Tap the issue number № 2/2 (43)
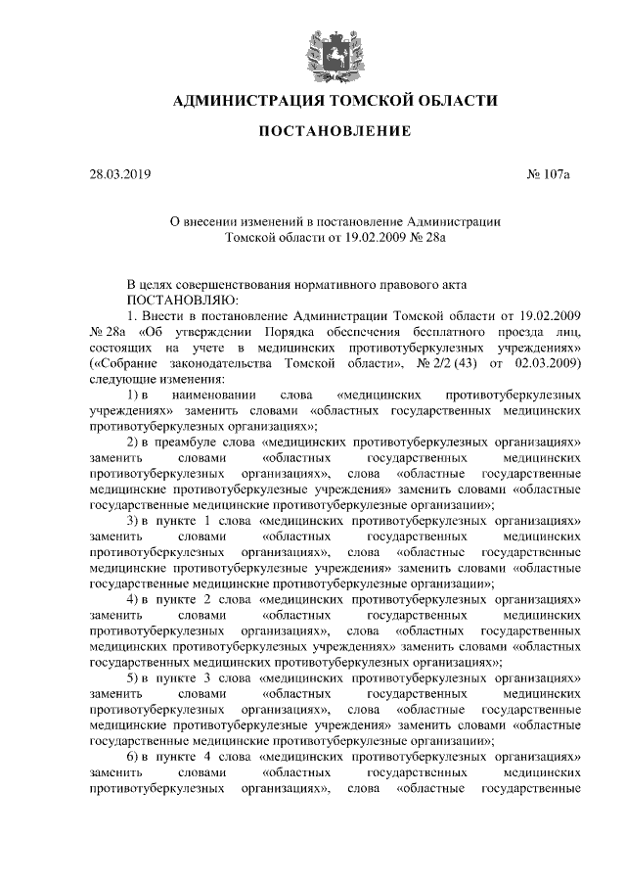tap(446, 363)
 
